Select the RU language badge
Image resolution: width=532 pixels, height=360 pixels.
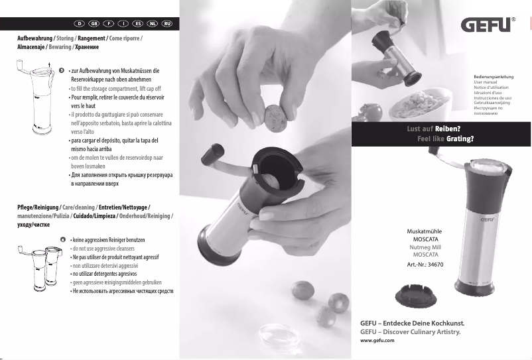166,24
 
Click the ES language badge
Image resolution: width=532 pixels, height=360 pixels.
138,24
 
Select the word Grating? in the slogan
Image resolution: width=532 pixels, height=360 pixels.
459,139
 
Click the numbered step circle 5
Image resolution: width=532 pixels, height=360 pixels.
61,70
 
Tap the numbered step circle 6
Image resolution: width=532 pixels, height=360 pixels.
62,239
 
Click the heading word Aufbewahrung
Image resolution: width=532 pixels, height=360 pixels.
34,39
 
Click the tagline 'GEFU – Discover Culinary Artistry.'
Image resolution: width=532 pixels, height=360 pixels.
409,330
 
